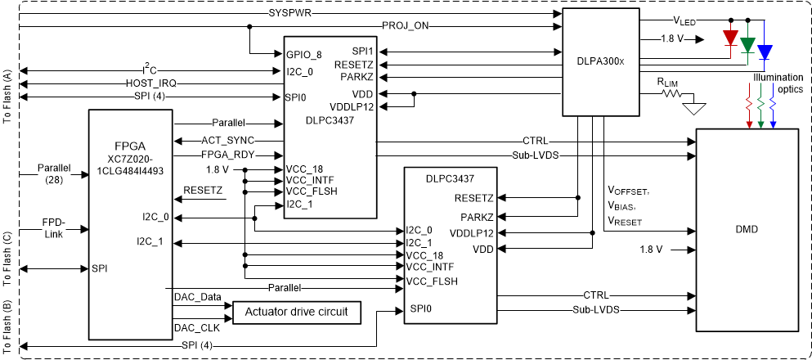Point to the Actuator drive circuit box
tap(297, 312)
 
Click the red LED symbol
tap(730, 38)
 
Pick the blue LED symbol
tap(765, 52)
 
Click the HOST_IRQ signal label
tap(150, 83)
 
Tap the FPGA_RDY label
tap(227, 155)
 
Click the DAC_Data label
tap(198, 296)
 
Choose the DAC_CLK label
tap(196, 327)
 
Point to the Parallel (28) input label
tap(54, 173)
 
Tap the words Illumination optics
tap(778, 83)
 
